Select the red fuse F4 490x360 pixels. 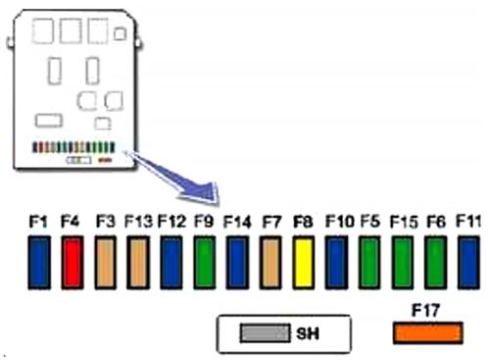tap(71, 269)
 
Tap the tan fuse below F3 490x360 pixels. tap(106, 269)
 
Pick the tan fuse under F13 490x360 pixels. tap(138, 269)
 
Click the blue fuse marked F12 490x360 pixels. tap(171, 269)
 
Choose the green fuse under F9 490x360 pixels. tap(205, 269)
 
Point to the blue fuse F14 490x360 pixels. tap(237, 269)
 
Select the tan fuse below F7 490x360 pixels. tap(271, 269)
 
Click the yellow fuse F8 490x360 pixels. tap(304, 269)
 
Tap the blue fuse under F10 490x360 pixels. tap(337, 269)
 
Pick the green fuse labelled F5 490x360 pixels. tap(370, 269)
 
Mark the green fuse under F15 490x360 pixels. tap(403, 269)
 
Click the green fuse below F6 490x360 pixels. tap(436, 269)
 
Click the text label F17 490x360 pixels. tap(426, 312)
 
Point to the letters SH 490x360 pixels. tap(307, 334)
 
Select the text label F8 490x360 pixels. tap(304, 224)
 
